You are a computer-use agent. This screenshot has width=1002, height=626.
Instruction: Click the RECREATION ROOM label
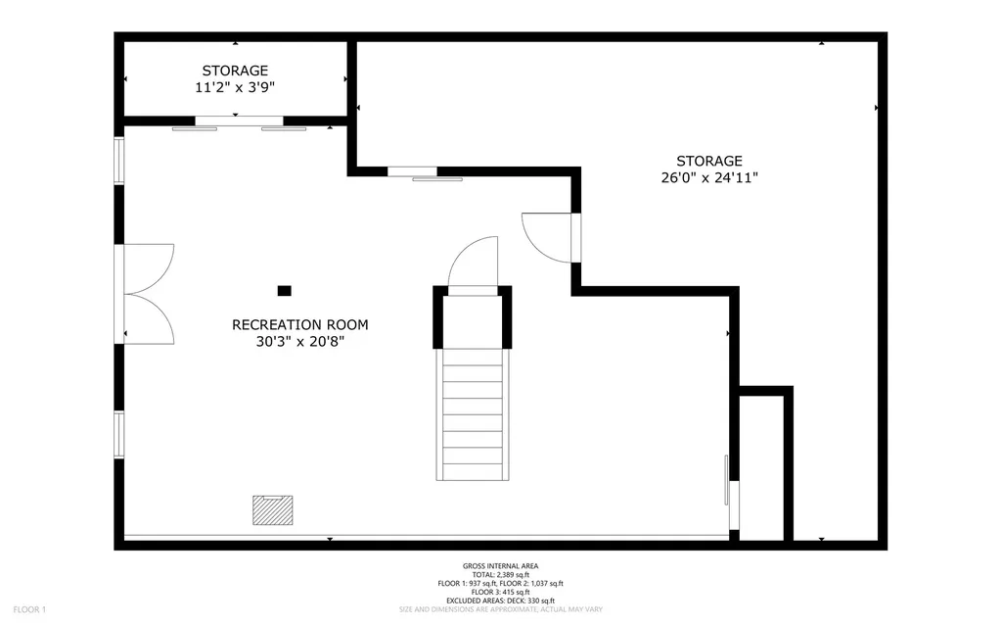[300, 324]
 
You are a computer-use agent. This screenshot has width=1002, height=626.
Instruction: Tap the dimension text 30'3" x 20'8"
[300, 342]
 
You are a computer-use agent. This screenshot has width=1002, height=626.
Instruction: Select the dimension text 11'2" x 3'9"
[235, 87]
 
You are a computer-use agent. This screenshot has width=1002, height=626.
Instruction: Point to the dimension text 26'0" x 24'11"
[709, 178]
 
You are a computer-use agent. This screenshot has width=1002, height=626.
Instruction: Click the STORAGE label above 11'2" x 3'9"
[235, 71]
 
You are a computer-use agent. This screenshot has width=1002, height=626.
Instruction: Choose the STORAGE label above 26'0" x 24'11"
[709, 161]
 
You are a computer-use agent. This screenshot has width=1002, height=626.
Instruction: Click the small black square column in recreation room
[284, 290]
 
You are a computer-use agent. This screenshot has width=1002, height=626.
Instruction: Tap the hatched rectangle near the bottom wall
[273, 508]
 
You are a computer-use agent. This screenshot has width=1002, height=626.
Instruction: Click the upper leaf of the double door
[149, 266]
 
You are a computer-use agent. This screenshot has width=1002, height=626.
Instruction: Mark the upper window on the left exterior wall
[119, 161]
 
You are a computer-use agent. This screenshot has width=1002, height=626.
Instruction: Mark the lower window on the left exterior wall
[119, 434]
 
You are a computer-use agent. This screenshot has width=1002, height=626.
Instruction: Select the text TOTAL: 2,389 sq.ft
[500, 574]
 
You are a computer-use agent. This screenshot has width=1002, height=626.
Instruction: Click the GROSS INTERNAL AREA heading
[500, 565]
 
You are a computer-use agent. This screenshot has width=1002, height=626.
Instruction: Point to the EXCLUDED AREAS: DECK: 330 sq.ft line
[500, 601]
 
